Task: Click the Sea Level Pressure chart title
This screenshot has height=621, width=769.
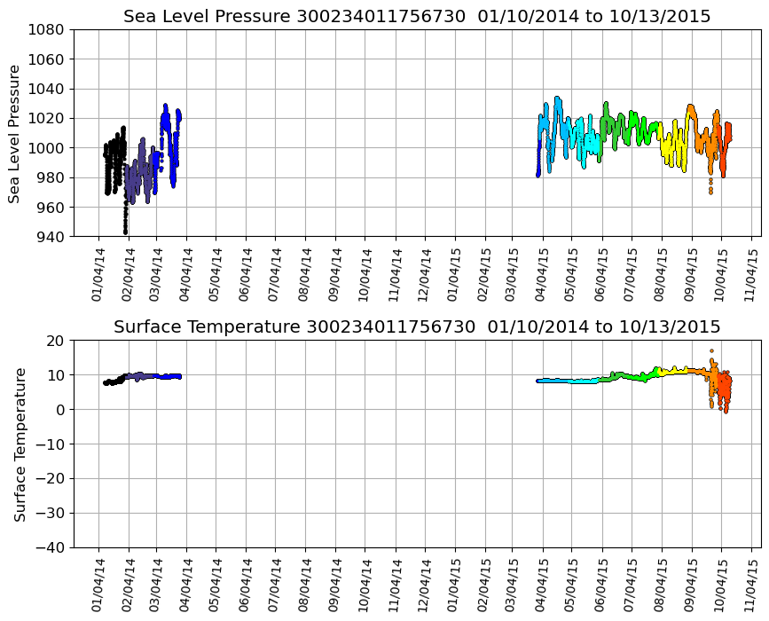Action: [x=417, y=17]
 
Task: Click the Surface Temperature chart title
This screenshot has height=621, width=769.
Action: [x=417, y=327]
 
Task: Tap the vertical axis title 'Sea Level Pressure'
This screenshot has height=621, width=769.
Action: [x=15, y=133]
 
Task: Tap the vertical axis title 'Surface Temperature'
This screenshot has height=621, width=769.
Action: [x=20, y=444]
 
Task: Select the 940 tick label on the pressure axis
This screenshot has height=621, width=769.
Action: [x=50, y=237]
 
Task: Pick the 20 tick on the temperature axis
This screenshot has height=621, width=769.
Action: [x=57, y=340]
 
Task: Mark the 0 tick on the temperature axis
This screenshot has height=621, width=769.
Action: [x=60, y=409]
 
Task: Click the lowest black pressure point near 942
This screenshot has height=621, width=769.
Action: [x=125, y=232]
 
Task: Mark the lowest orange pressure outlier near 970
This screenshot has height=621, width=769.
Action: [x=710, y=192]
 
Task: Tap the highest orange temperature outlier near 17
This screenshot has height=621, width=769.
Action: [x=711, y=351]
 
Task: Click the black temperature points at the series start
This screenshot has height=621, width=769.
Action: [x=108, y=382]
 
